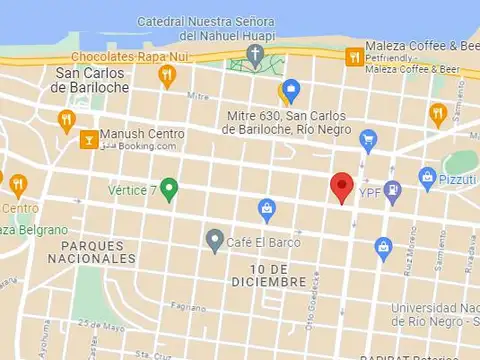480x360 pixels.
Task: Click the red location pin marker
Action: coord(342,186)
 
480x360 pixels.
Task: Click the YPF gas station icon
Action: coord(393,188)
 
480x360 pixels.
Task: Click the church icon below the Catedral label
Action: coord(256,54)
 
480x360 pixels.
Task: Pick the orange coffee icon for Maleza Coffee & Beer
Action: coord(352,56)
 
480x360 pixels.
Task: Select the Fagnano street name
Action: coord(188,306)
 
